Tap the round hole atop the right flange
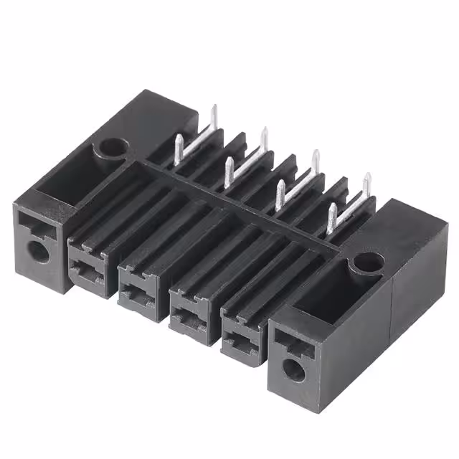366,263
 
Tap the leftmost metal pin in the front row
179,147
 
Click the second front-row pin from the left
229,171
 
